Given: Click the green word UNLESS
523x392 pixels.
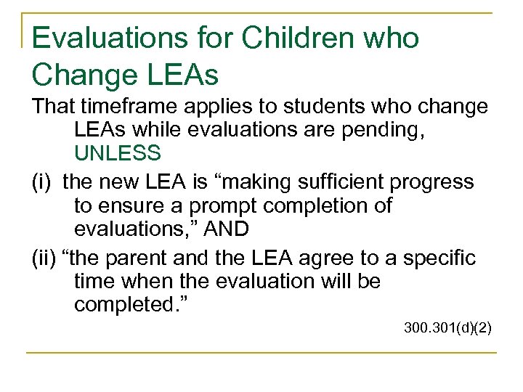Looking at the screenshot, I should tap(117, 154).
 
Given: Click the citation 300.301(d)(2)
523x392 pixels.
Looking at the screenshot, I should tap(447, 329).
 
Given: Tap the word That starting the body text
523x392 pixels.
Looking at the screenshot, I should tap(54, 107).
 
